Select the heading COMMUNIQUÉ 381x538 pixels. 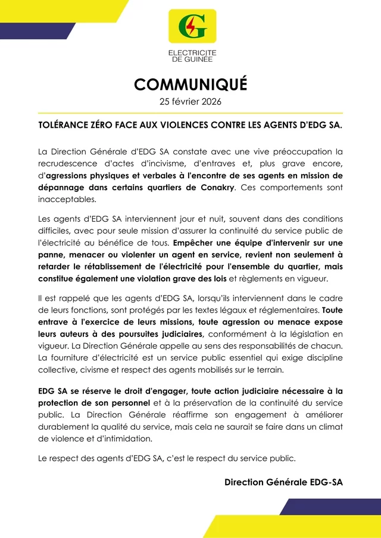pyautogui.click(x=190, y=84)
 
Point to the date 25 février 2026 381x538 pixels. pyautogui.click(x=190, y=102)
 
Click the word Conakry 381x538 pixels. pyautogui.click(x=217, y=188)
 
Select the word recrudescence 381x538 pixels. pyautogui.click(x=72, y=164)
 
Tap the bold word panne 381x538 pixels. pyautogui.click(x=51, y=254)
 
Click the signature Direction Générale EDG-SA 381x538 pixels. pyautogui.click(x=283, y=482)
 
